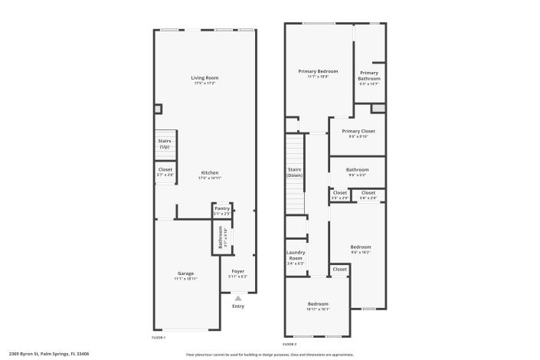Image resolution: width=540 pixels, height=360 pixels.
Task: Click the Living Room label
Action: (205, 78)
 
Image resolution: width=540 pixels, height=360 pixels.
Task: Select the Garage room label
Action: (186, 273)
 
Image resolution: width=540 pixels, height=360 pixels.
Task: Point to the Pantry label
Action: (222, 209)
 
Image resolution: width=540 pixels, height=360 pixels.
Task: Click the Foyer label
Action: (238, 271)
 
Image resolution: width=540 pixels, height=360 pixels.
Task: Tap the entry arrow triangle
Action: (238, 298)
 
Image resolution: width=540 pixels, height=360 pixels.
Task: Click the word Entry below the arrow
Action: (238, 306)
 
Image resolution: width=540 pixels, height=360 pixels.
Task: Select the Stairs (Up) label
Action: (165, 143)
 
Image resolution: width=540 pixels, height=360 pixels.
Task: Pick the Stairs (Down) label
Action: (295, 172)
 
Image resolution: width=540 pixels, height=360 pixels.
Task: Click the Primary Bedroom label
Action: (318, 71)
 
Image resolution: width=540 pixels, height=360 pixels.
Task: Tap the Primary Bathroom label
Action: (368, 76)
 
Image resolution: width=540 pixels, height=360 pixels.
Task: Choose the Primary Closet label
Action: (356, 131)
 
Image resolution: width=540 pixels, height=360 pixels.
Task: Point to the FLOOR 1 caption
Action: (159, 337)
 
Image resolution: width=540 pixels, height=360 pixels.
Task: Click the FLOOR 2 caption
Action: (290, 344)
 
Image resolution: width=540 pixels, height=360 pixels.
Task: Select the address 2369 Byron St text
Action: (48, 354)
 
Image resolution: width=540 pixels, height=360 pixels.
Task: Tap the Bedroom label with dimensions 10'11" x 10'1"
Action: (318, 304)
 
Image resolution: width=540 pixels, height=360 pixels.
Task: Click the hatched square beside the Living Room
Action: (158, 110)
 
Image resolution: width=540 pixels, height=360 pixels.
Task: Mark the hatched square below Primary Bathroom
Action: (377, 108)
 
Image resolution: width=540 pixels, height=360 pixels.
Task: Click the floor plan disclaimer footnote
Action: (270, 355)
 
